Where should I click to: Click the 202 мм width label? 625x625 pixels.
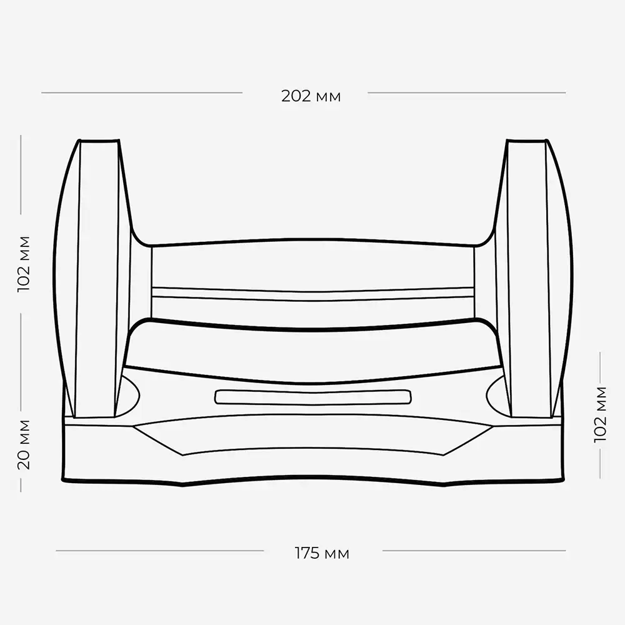[311, 96]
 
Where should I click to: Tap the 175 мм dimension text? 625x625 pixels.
[322, 553]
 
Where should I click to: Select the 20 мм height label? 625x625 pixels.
[24, 444]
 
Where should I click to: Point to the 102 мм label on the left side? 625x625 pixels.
[24, 264]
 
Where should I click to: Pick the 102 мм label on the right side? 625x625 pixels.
[600, 414]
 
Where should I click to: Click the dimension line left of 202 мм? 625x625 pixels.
[141, 93]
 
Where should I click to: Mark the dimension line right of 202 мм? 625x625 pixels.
[467, 93]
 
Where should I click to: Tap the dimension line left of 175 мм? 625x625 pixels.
[160, 551]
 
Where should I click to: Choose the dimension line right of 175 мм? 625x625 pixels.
[474, 551]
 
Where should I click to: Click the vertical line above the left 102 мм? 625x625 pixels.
[21, 174]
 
